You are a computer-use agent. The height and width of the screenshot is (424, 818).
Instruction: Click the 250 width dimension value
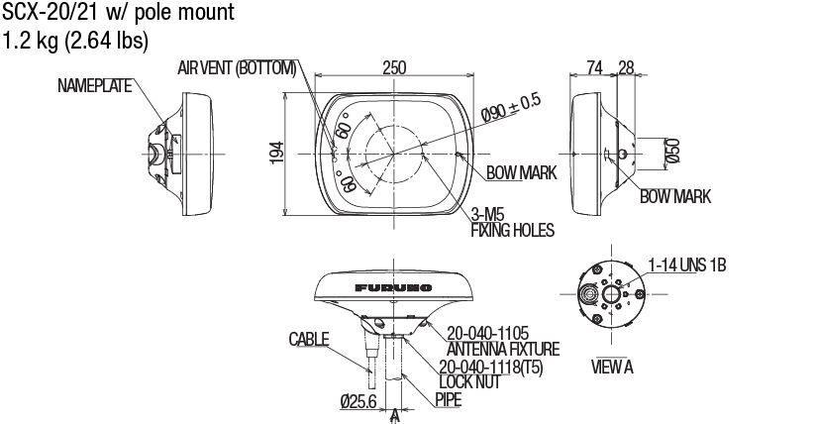[395, 67]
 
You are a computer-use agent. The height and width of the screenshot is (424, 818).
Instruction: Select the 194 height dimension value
[278, 151]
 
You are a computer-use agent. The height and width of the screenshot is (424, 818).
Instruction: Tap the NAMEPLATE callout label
[95, 86]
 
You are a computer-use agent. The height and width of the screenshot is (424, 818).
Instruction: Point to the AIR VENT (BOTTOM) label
[237, 67]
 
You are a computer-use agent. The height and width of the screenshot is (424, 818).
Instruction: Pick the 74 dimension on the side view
[594, 67]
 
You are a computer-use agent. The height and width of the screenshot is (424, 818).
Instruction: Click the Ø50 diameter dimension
[672, 150]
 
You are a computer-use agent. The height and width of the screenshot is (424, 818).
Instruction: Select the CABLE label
[309, 339]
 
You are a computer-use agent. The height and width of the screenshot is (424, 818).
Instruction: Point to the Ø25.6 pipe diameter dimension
[359, 401]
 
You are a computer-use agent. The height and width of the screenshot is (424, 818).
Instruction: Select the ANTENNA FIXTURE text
[503, 349]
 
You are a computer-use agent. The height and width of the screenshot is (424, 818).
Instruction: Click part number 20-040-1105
[488, 334]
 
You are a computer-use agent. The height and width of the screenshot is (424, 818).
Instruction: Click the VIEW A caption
[613, 367]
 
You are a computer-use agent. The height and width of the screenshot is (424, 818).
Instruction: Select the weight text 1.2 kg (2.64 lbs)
[76, 41]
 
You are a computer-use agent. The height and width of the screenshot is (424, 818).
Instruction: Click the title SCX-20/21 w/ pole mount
[118, 14]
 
